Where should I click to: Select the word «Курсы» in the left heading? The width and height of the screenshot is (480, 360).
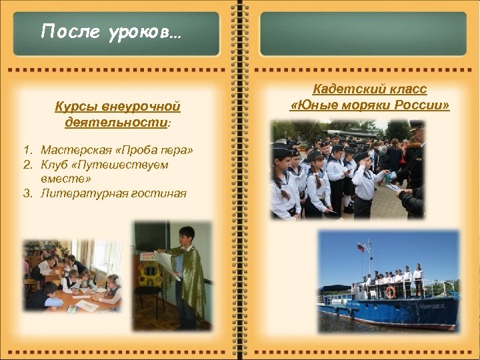coord(76,107)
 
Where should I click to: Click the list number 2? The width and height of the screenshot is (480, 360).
coord(27,164)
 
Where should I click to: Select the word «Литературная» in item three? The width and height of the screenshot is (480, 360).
coord(77,193)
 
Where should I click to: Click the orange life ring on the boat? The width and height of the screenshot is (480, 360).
coord(390,292)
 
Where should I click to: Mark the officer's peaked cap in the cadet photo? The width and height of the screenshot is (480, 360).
coord(416,125)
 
